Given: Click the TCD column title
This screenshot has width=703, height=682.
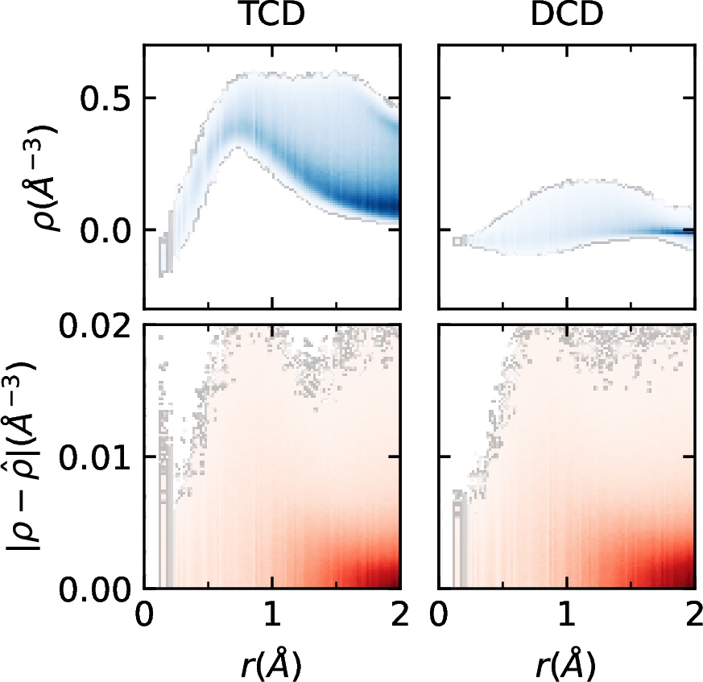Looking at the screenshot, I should click(271, 20).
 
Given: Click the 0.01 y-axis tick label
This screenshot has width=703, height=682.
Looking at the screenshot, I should click(90, 457).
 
